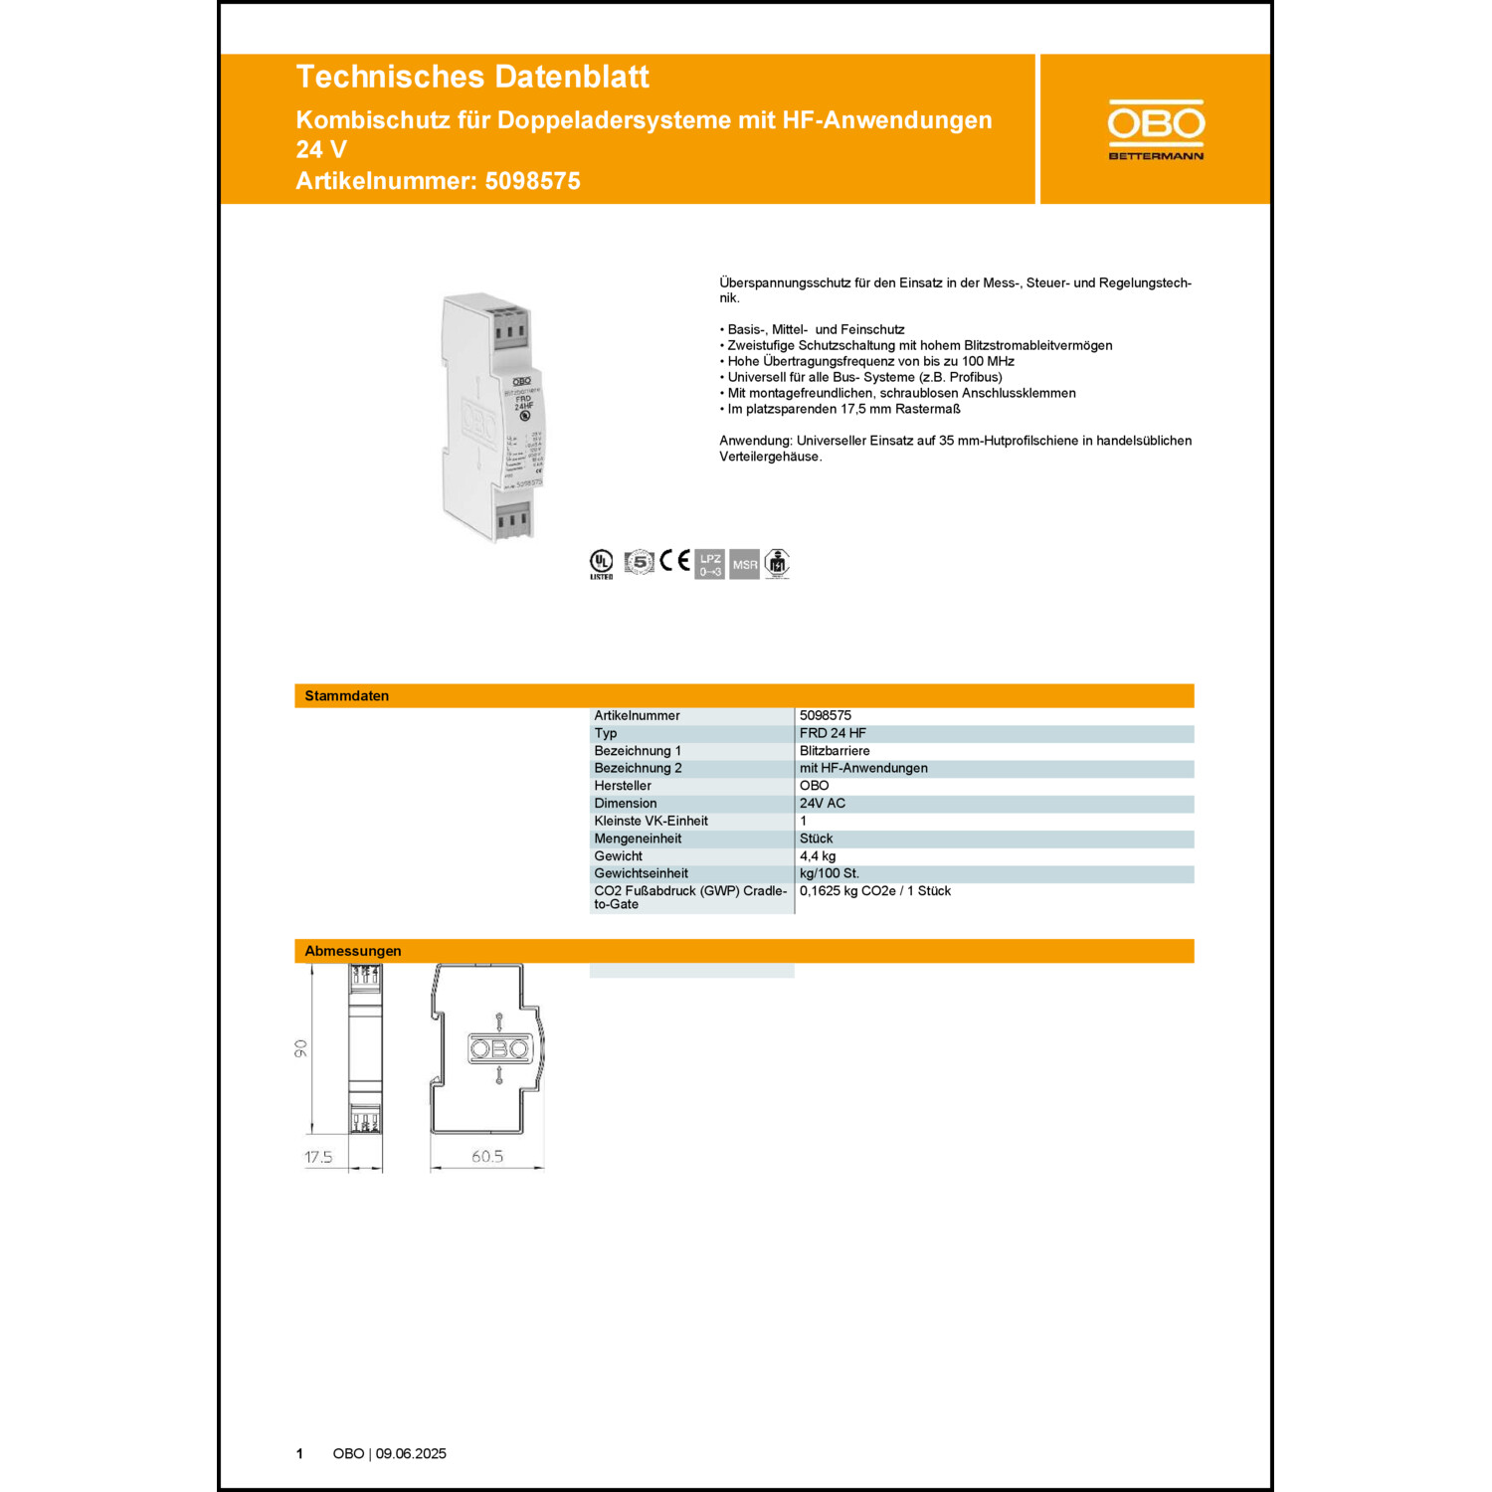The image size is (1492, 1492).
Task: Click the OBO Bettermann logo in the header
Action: click(x=1156, y=129)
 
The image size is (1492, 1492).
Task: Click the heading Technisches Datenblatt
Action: click(x=472, y=77)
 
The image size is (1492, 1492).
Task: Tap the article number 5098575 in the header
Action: click(x=532, y=181)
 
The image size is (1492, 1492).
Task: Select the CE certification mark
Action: click(x=674, y=561)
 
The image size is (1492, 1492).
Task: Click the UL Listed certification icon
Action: click(x=601, y=563)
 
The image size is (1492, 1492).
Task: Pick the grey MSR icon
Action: click(x=744, y=564)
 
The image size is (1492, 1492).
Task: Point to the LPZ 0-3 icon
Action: click(x=709, y=564)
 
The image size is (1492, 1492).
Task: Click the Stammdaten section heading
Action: click(x=346, y=696)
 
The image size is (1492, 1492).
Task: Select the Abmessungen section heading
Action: click(x=353, y=951)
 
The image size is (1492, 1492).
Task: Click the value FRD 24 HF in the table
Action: click(x=833, y=733)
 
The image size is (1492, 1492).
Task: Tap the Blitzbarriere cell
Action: click(x=835, y=751)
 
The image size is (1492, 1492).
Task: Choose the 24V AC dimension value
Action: click(x=823, y=804)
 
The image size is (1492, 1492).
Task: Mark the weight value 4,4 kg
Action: click(x=818, y=856)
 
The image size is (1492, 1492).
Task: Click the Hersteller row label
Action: click(x=623, y=786)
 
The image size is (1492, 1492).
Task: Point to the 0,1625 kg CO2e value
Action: click(x=874, y=891)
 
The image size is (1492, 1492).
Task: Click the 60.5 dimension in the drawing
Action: click(x=487, y=1157)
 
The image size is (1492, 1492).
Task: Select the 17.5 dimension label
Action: click(x=318, y=1157)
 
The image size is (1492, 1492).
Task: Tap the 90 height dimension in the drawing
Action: click(x=301, y=1048)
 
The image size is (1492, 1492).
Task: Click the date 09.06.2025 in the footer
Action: click(x=411, y=1454)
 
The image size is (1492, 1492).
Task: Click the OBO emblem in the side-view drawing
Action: click(x=499, y=1048)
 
